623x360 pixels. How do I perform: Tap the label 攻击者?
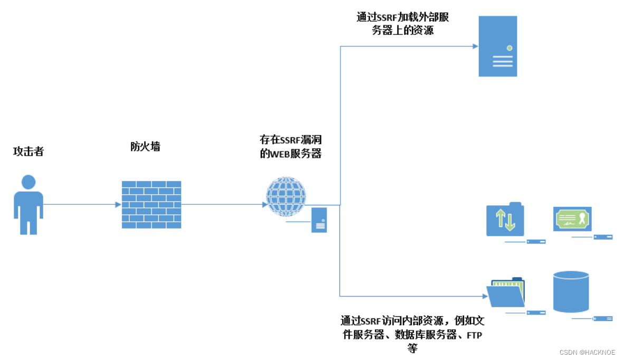[29, 152]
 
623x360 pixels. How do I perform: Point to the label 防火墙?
[145, 147]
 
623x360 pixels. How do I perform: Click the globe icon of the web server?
[286, 196]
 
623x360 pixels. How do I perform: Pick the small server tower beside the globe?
[319, 220]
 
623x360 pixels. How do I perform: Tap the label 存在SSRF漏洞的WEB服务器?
[290, 147]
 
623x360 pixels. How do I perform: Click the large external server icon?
[497, 46]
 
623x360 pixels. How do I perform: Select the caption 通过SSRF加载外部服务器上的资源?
[402, 24]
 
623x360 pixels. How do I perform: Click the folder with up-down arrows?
[505, 220]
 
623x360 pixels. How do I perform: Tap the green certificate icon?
[572, 219]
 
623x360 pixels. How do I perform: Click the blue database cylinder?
[571, 291]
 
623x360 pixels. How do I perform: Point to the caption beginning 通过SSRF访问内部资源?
[412, 334]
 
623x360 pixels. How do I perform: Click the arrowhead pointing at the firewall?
[118, 204]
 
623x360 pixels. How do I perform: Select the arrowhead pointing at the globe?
[265, 204]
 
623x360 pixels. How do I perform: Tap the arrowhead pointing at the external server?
[475, 46]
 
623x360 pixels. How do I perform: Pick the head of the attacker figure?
[28, 182]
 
